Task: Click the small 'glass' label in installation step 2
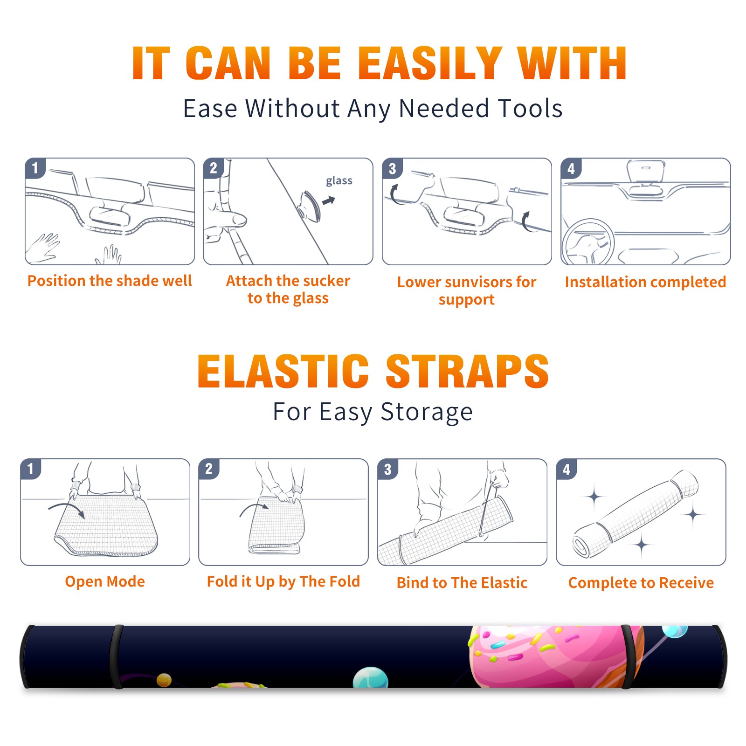339,181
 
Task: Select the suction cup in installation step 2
310,205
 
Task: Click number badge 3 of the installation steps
393,168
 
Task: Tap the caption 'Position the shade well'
110,281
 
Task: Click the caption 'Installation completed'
645,282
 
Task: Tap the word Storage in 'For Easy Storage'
427,412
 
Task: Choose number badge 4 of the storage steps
566,469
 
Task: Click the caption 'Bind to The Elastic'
462,582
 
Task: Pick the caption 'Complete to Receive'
641,582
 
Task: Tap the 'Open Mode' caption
105,581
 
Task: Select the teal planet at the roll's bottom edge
371,678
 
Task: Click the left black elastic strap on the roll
116,656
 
